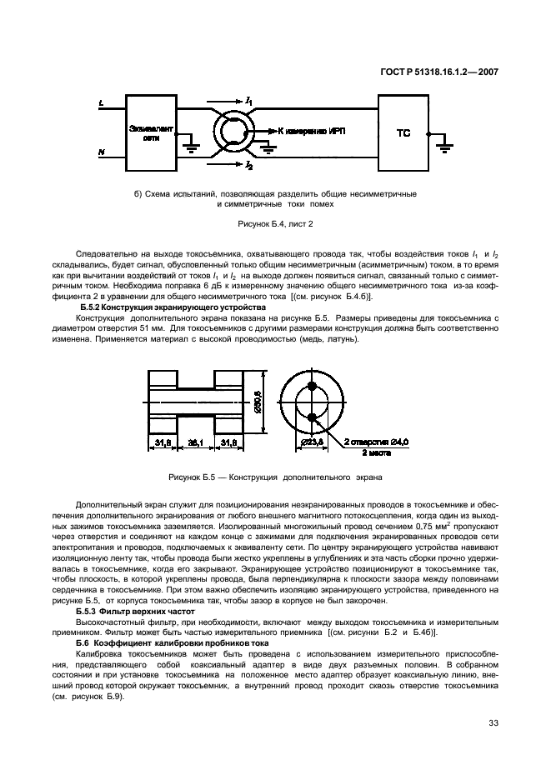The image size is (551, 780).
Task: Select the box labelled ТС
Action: [x=403, y=133]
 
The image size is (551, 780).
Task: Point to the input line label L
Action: [x=101, y=104]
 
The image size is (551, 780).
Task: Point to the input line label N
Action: [x=101, y=152]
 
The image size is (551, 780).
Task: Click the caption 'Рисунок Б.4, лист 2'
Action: [x=274, y=224]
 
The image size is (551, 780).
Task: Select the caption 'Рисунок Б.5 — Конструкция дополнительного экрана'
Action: [x=275, y=478]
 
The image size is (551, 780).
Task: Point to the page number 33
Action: [x=493, y=722]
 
